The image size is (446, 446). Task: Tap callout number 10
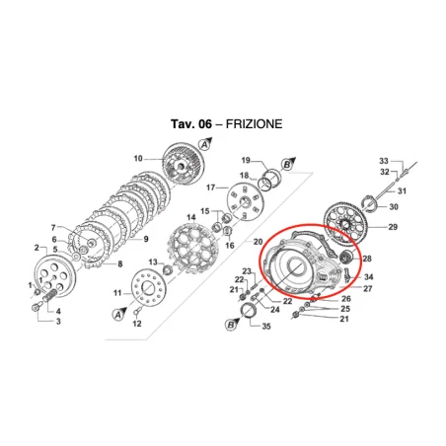(138, 158)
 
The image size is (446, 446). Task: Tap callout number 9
(145, 240)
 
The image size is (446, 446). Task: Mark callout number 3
(57, 322)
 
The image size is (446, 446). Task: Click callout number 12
(137, 324)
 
